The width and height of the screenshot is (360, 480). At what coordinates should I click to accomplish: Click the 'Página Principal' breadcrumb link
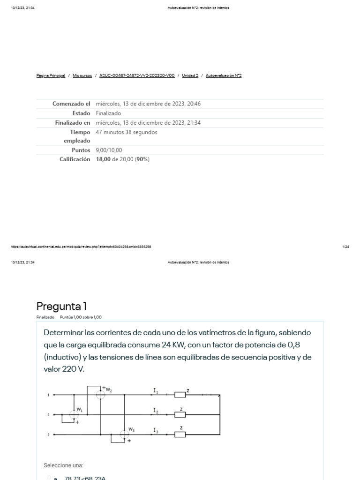pyautogui.click(x=51, y=75)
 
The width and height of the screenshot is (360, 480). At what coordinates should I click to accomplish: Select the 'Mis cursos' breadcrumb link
pyautogui.click(x=82, y=75)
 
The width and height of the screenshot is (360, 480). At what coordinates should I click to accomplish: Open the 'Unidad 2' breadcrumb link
pyautogui.click(x=190, y=75)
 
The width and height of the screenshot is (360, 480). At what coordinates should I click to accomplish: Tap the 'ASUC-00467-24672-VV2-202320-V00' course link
pyautogui.click(x=137, y=75)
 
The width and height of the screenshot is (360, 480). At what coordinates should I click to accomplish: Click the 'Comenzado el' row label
pyautogui.click(x=71, y=104)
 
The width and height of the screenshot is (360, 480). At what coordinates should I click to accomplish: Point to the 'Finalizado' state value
pyautogui.click(x=108, y=113)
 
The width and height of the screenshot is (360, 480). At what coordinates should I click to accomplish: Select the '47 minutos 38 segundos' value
pyautogui.click(x=127, y=132)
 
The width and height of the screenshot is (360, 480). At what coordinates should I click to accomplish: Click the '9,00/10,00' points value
pyautogui.click(x=108, y=150)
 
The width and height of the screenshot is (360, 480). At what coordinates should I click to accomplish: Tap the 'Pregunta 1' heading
pyautogui.click(x=61, y=306)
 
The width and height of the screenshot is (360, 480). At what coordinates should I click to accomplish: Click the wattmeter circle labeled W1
pyautogui.click(x=74, y=414)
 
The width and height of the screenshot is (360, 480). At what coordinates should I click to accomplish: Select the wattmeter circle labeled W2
pyautogui.click(x=100, y=395)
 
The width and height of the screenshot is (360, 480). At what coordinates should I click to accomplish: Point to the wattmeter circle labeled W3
pyautogui.click(x=124, y=435)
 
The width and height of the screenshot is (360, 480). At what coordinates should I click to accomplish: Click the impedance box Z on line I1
pyautogui.click(x=180, y=395)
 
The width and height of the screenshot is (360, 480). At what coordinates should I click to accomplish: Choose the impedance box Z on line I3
pyautogui.click(x=180, y=435)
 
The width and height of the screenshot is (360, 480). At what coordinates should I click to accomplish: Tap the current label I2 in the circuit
pyautogui.click(x=156, y=410)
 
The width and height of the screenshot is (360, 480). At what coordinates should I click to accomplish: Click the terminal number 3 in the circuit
pyautogui.click(x=48, y=435)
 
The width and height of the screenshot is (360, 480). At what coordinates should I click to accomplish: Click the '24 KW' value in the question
pyautogui.click(x=172, y=345)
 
